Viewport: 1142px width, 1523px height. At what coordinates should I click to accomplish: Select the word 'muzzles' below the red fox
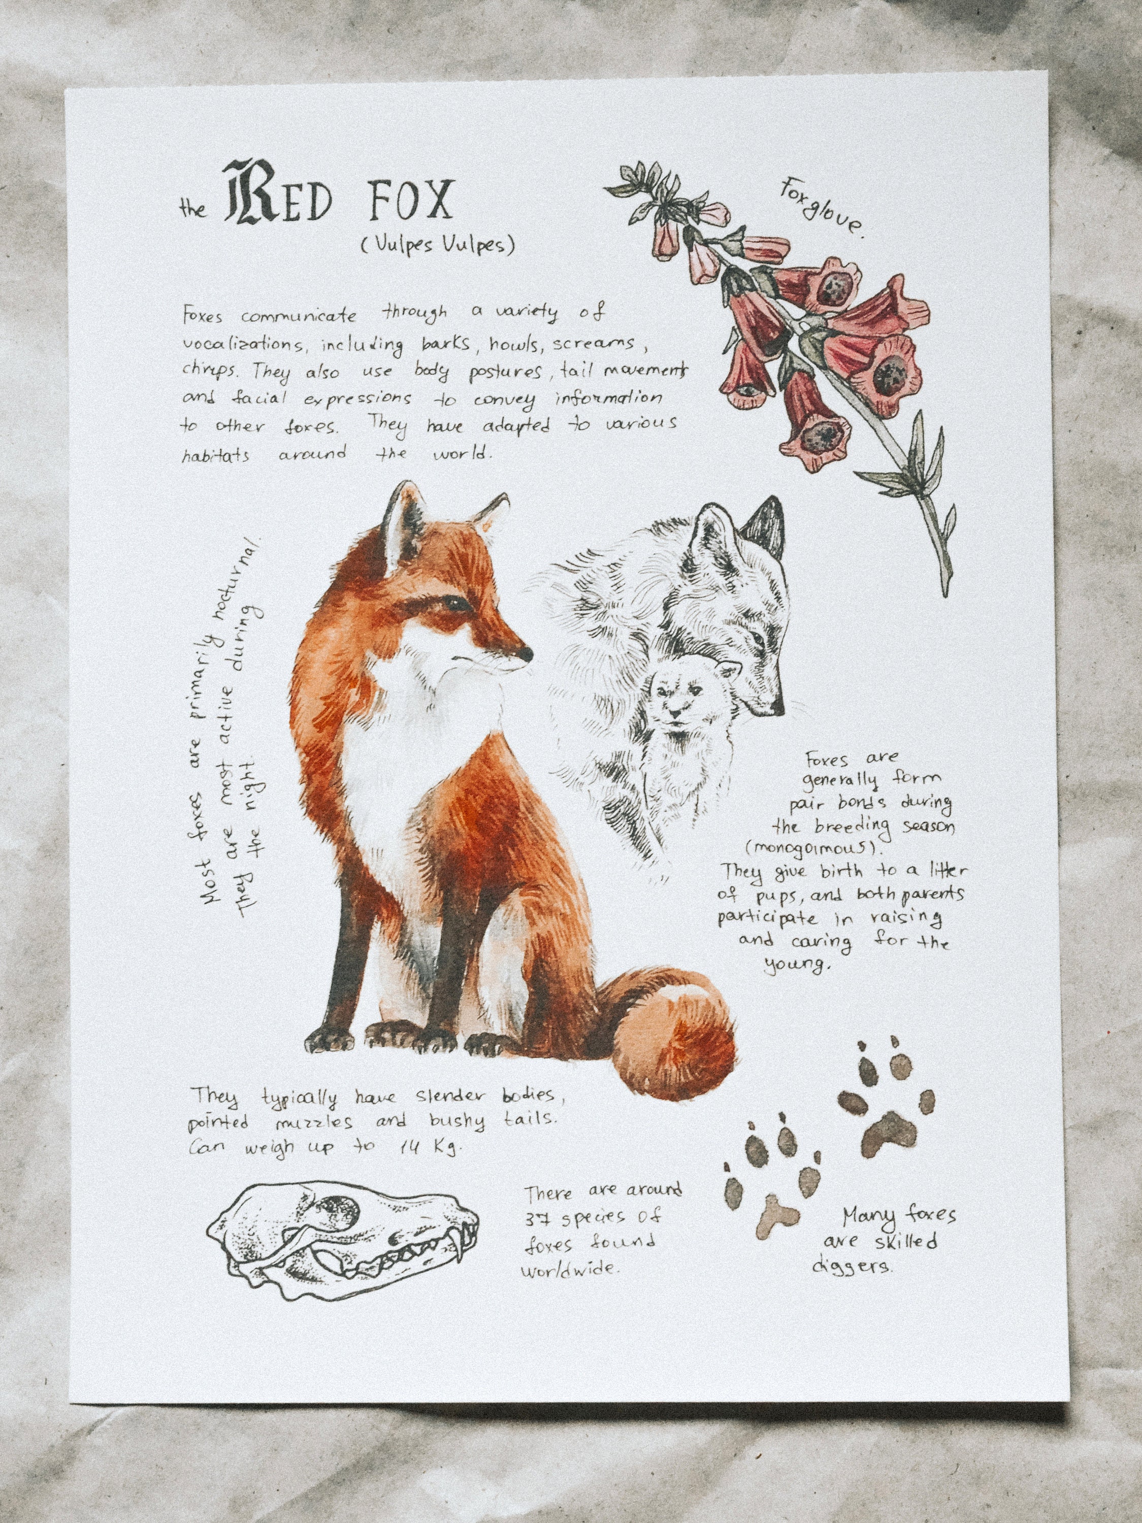[x=313, y=1123]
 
